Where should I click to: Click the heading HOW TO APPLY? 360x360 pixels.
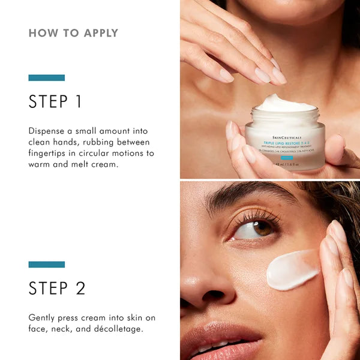point(73,33)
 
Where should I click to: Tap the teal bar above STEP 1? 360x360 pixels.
point(46,77)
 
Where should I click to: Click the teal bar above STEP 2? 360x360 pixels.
point(46,264)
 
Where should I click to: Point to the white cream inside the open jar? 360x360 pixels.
point(285,103)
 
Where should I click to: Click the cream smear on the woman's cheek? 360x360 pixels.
point(292,271)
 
